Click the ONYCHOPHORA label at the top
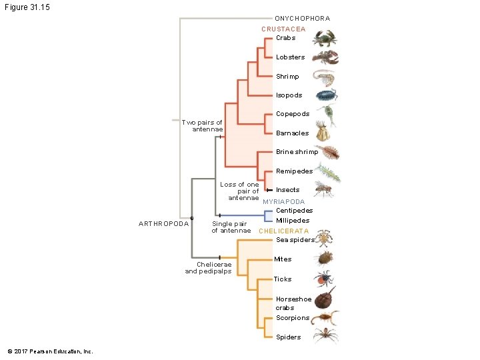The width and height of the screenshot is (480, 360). click(x=302, y=18)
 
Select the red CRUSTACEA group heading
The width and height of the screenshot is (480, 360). click(x=283, y=29)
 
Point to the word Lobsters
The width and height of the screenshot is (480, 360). click(x=290, y=57)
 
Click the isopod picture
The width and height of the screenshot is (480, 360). click(x=327, y=95)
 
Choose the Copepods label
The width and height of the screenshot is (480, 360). click(x=293, y=114)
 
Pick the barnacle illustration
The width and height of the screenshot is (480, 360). click(x=324, y=133)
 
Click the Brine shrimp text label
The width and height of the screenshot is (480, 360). click(x=297, y=152)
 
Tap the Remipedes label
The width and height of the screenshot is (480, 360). click(x=294, y=171)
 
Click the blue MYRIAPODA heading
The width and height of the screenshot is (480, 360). click(x=283, y=201)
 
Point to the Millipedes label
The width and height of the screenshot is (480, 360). click(x=292, y=221)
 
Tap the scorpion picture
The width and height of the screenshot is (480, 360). click(x=326, y=317)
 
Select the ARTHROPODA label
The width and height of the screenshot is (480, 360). click(x=163, y=223)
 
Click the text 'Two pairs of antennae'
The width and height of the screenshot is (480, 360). click(x=203, y=126)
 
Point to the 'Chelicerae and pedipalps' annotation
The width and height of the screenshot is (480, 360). click(x=208, y=268)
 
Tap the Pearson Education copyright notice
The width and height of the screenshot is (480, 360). click(x=50, y=351)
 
